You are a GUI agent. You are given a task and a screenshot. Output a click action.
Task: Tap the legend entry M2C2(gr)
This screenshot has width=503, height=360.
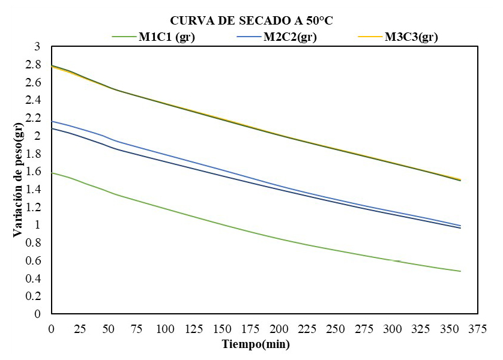click(x=290, y=37)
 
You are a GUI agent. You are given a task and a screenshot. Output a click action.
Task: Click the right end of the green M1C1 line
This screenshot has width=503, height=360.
click(x=460, y=271)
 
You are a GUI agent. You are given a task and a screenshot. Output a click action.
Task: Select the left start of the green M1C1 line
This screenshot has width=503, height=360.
click(x=52, y=173)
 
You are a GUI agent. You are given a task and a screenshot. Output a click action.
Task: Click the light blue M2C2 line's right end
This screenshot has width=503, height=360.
click(x=460, y=226)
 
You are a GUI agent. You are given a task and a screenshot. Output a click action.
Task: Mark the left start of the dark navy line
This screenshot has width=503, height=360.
click(x=52, y=128)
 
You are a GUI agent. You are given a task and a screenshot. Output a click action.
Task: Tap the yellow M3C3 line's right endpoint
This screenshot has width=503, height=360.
click(x=460, y=179)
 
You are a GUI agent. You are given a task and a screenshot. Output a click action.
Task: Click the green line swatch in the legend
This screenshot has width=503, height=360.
click(x=125, y=37)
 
